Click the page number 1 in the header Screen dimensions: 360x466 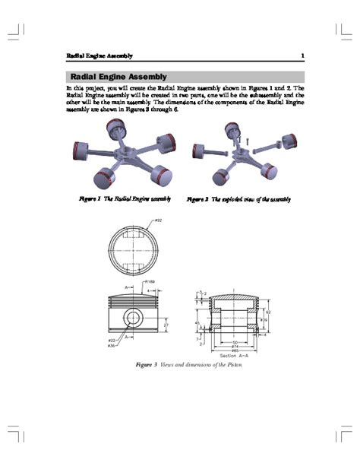point(302,55)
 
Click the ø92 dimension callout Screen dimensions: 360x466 point(158,220)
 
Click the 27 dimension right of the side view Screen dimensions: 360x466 point(166,325)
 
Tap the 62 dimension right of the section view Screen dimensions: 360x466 point(269,312)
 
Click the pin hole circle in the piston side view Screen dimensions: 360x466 point(134,316)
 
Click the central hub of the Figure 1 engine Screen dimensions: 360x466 point(122,157)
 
